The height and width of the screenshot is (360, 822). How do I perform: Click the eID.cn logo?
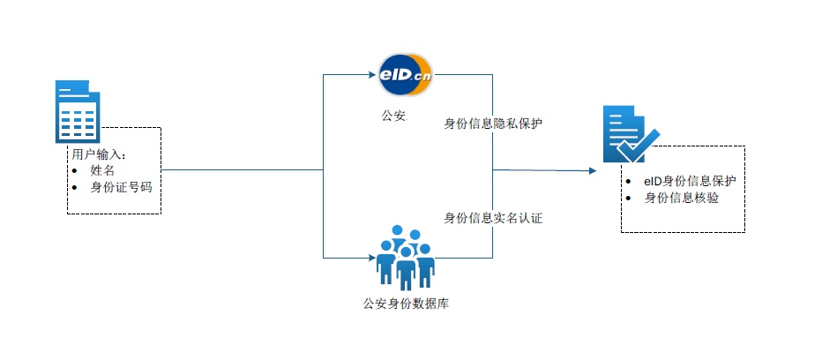coord(405,74)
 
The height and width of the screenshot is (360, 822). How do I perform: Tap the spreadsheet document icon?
coord(78,112)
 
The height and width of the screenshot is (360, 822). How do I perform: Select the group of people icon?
coord(405,257)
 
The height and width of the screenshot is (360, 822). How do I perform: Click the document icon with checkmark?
coord(631,134)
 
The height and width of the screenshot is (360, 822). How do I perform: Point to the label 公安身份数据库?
coord(406,304)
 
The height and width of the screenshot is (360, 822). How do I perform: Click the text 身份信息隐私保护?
coord(493,124)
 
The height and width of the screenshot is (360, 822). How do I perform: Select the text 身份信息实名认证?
coord(493,218)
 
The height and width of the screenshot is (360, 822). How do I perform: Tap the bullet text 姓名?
coord(102,170)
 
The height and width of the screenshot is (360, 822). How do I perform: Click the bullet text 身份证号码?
coord(121,187)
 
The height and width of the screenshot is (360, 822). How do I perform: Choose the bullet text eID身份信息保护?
coord(691,182)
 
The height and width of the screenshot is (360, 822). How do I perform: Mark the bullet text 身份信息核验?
coord(682,199)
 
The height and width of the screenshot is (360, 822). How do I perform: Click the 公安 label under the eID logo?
coord(394,116)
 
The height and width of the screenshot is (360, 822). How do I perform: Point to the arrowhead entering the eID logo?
coord(373,74)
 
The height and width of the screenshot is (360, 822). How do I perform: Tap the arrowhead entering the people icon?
coord(372,258)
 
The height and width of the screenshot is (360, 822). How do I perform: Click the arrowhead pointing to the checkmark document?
coord(593,170)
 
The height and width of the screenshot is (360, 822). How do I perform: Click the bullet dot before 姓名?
coord(74,171)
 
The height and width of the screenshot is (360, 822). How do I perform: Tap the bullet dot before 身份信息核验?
coord(629,199)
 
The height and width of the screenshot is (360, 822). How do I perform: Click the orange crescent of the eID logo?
coord(424,74)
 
